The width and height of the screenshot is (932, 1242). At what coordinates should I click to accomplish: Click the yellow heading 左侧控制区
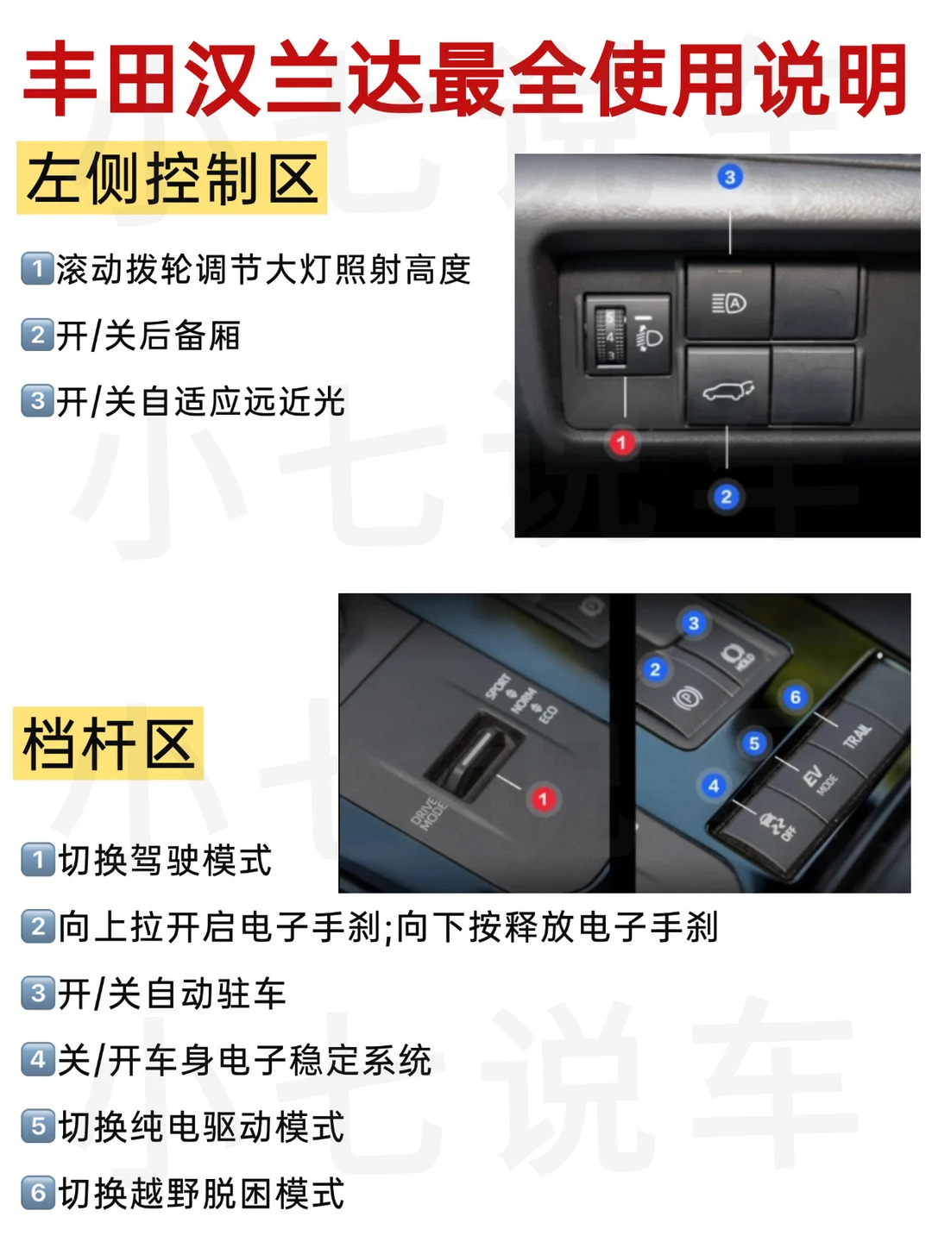click(172, 179)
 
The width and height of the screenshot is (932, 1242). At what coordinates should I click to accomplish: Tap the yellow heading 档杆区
click(108, 743)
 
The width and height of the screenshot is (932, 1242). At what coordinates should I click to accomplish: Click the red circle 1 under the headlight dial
click(622, 442)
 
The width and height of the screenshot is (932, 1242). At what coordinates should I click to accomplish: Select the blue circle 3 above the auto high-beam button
click(729, 177)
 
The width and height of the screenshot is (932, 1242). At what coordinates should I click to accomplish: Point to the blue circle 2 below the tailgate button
click(726, 497)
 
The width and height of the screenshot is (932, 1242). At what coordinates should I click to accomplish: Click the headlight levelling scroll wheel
click(610, 335)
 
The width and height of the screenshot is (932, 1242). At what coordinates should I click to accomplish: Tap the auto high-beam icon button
click(729, 302)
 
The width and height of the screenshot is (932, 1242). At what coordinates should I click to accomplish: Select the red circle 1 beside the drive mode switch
click(544, 799)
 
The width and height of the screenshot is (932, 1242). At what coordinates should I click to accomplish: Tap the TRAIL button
click(856, 735)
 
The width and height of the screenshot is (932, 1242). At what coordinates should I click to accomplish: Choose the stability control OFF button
click(775, 826)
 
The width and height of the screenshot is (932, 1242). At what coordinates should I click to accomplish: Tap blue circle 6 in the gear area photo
click(795, 697)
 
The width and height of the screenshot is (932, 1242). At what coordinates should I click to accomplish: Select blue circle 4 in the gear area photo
click(713, 786)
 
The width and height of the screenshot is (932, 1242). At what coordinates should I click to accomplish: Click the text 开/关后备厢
click(148, 336)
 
